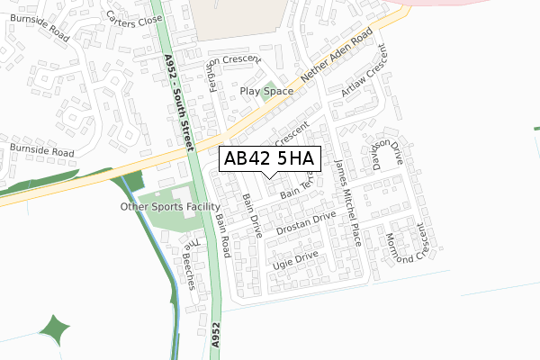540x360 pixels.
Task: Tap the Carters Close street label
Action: (x=134, y=19)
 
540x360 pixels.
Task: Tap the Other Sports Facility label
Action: (x=170, y=207)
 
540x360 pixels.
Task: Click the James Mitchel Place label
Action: (x=347, y=203)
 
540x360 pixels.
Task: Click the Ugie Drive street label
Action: (x=295, y=261)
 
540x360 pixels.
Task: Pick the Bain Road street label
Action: (x=222, y=235)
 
